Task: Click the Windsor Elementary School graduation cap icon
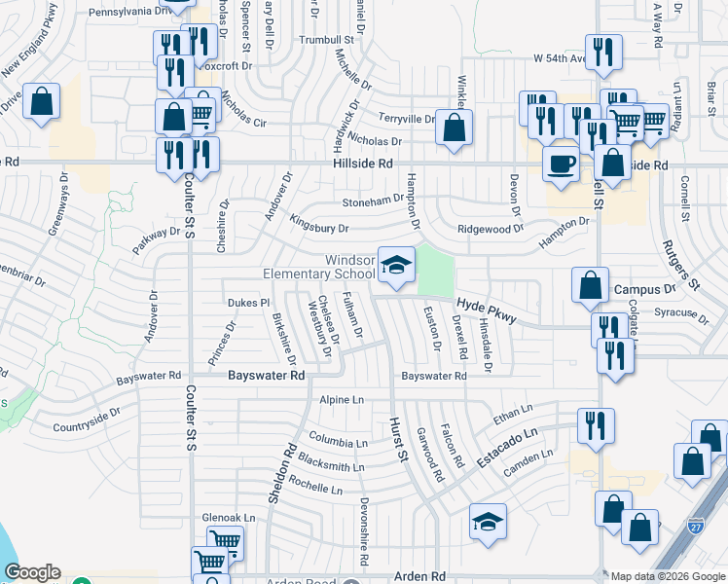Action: tap(396, 264)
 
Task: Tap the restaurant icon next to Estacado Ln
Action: tap(595, 425)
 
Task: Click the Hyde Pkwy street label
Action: tap(487, 311)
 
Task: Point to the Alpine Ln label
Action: tap(342, 400)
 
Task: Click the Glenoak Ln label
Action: tap(228, 518)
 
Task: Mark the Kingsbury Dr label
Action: tap(318, 225)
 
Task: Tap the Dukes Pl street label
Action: tap(248, 303)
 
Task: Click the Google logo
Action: tap(32, 573)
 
